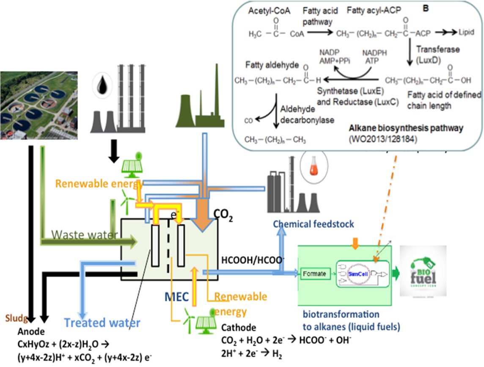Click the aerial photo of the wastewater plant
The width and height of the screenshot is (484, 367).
[38, 105]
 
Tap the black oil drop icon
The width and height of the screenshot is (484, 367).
[101, 85]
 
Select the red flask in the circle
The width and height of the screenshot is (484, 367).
[310, 166]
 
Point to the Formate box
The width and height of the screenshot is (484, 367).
[315, 274]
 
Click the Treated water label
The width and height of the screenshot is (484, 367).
[102, 323]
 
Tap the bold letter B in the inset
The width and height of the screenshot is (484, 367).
[426, 8]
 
